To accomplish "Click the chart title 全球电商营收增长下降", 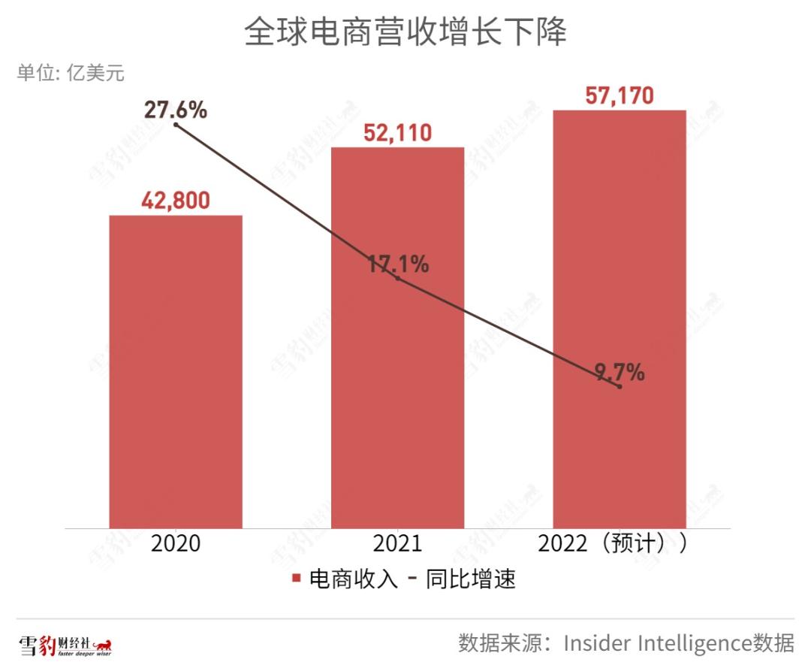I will click(405, 32).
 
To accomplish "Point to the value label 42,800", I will click(176, 201).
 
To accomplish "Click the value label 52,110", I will click(397, 133).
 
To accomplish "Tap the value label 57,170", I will click(619, 96).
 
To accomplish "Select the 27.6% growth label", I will click(176, 110).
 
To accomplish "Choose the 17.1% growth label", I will click(398, 264).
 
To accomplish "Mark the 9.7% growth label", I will click(620, 372).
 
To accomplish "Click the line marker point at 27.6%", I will click(176, 125).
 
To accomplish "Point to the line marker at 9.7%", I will click(620, 386).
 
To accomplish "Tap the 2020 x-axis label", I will click(176, 543).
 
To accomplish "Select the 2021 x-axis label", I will click(397, 543).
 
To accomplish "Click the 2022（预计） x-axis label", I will click(611, 543).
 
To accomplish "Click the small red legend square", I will click(296, 579).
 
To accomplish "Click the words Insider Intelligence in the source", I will click(657, 644).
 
